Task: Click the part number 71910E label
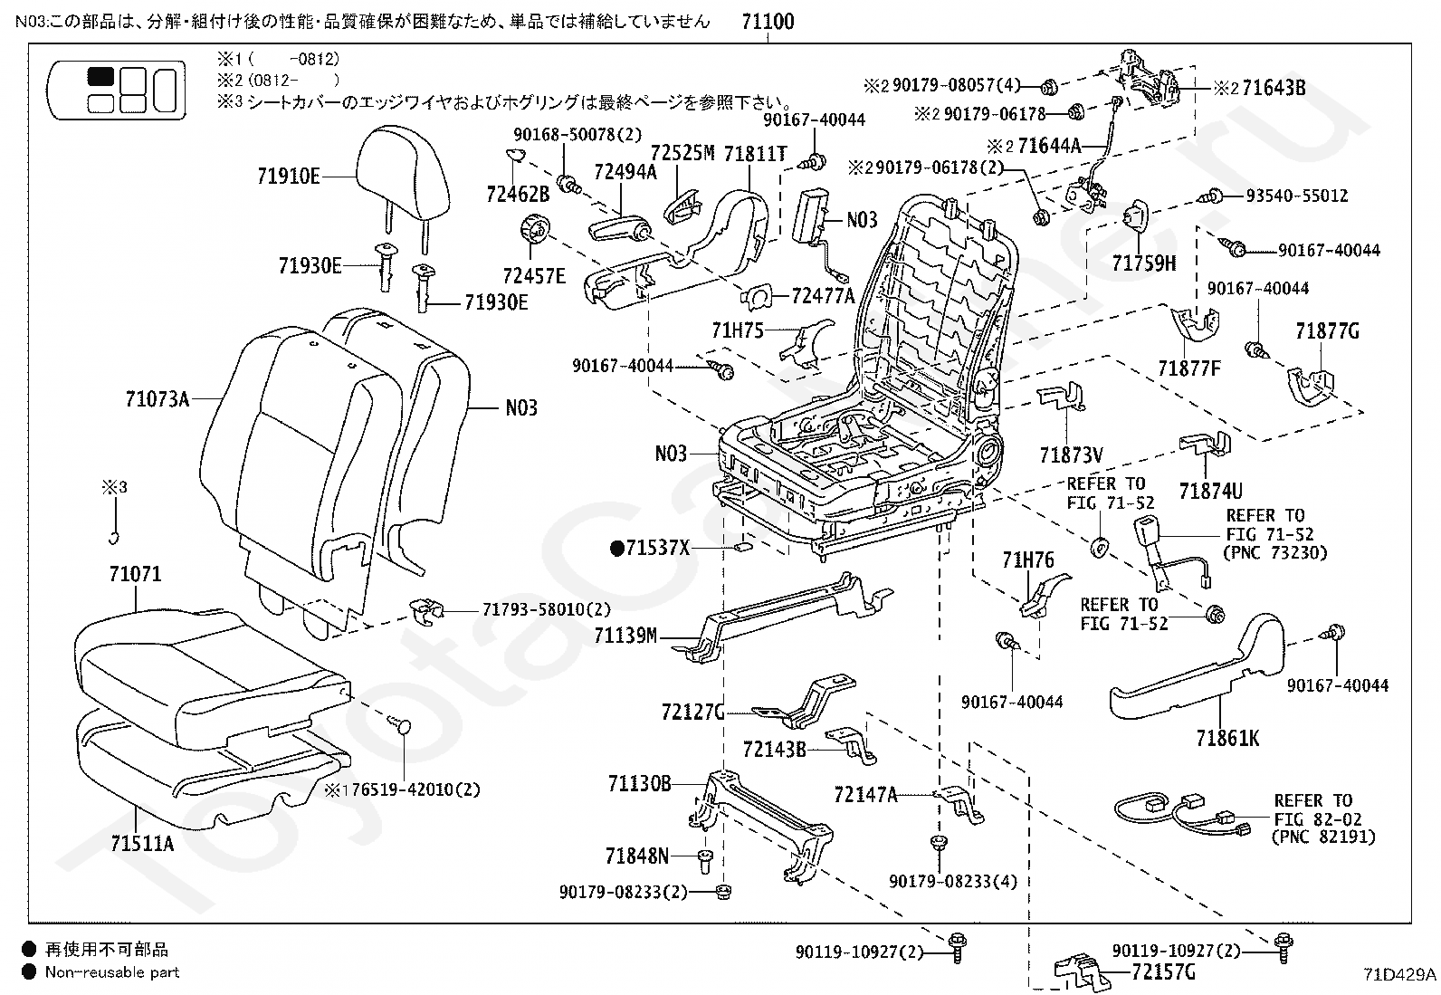[288, 176]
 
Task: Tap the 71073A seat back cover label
[158, 397]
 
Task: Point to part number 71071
[135, 574]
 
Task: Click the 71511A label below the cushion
[142, 843]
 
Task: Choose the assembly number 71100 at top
[767, 21]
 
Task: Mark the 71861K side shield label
[1227, 738]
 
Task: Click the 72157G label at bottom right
[1163, 972]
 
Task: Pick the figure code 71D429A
[1399, 974]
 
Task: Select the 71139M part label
[625, 636]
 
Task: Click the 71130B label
[639, 783]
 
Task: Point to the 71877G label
[1327, 331]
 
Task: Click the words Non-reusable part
[112, 972]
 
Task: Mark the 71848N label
[637, 856]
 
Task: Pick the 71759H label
[1144, 263]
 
